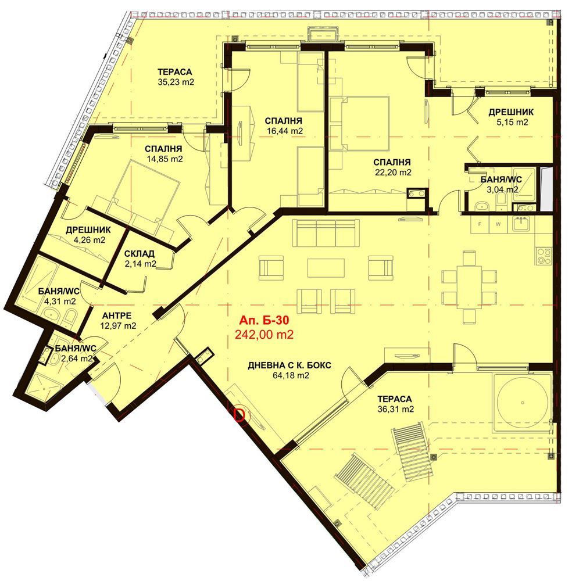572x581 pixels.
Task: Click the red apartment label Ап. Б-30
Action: (264, 320)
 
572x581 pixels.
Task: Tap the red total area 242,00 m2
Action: (264, 335)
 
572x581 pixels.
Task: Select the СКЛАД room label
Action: (140, 254)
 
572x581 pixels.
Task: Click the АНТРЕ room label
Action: (116, 315)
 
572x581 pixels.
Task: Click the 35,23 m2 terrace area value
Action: (176, 82)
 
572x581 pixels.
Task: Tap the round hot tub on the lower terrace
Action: (522, 403)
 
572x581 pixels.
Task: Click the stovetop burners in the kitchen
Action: (544, 256)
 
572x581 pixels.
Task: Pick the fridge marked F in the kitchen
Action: (480, 224)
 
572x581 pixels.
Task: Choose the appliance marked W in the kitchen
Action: (498, 224)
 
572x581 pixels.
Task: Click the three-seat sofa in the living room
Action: (326, 233)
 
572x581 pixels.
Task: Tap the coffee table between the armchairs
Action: (326, 267)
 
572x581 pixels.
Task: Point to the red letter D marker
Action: (240, 415)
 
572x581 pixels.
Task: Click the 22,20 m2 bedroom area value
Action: (392, 173)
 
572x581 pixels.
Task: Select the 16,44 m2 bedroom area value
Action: (285, 131)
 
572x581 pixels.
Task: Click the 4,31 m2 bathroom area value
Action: (60, 301)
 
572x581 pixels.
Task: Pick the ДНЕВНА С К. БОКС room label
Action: (289, 365)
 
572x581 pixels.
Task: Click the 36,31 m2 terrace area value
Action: (395, 409)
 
